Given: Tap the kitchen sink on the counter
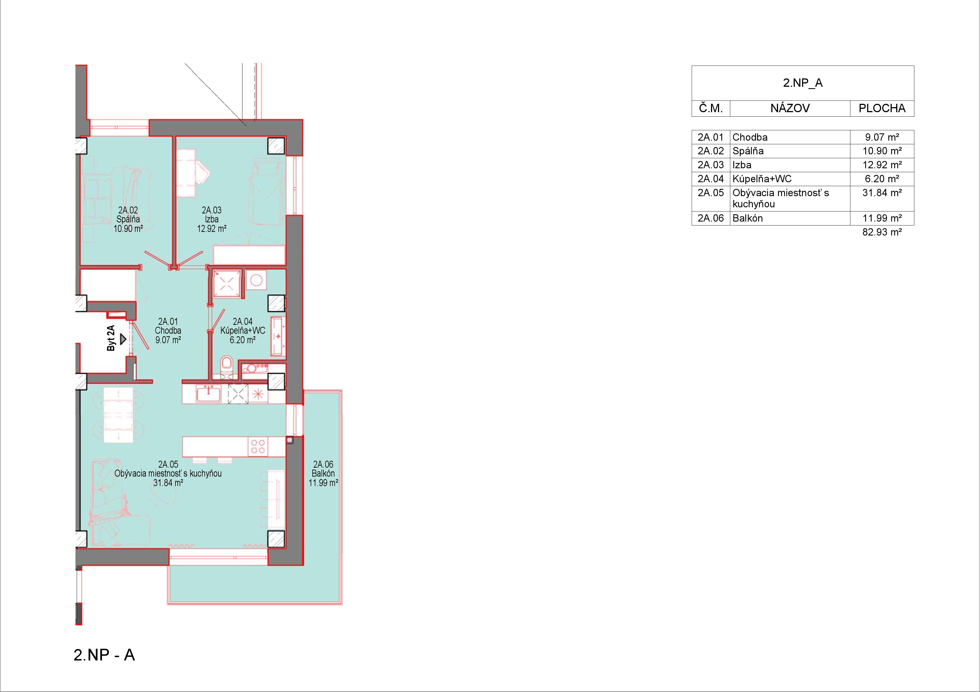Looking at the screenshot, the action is click(208, 393).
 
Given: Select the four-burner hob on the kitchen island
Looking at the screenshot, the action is click(258, 446).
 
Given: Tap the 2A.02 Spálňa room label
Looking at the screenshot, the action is click(128, 219).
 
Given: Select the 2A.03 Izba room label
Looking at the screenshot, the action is click(212, 219).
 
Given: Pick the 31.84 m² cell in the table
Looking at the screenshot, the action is click(882, 193).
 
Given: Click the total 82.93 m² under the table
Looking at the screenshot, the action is click(882, 232).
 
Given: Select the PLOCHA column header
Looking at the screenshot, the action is click(882, 108).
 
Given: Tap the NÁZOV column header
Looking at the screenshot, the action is click(790, 108).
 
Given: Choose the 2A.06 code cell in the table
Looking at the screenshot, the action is click(711, 218).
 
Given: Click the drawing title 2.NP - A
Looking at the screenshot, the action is click(104, 655).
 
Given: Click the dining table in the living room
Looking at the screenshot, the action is click(118, 415).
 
